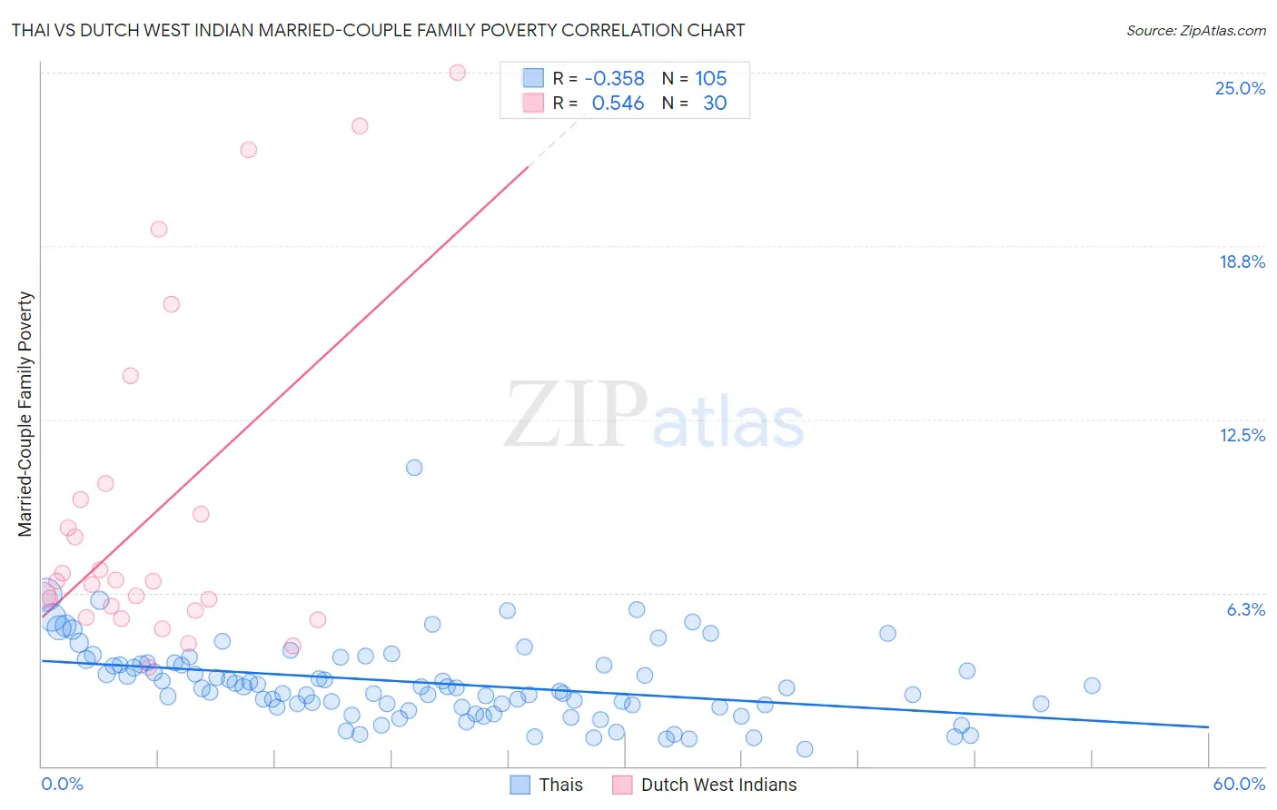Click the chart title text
coord(378,30)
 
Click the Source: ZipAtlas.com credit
coord(1195,30)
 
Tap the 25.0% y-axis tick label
coord(1240,88)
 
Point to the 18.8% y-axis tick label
coord(1242,262)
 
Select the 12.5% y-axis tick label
coord(1242,435)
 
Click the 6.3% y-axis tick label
coord(1245,609)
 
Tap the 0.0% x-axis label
coord(62,784)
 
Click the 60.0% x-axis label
coord(1238,784)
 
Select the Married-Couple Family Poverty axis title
coord(25,414)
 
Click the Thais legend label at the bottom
coord(560,785)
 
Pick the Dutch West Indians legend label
coord(718,785)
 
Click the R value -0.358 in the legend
coord(614,78)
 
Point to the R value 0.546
coord(618,103)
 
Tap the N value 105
coord(710,78)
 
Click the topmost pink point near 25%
coord(458,73)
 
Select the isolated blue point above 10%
coord(414,468)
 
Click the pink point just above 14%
coord(131,376)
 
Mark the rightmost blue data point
coord(1092,686)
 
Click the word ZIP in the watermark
coord(576,414)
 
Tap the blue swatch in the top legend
coord(532,78)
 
